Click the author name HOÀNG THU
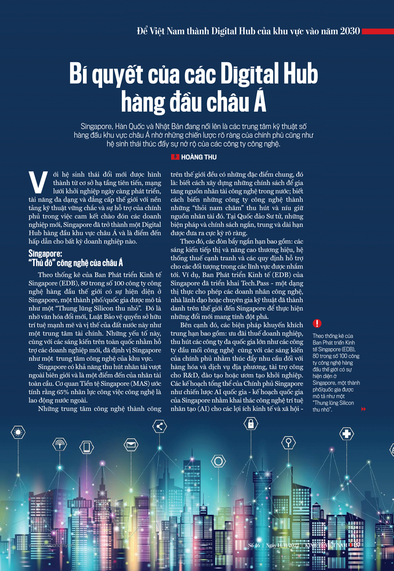coord(199,157)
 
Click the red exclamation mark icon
coord(317,324)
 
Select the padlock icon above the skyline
coord(251,423)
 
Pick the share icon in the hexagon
coord(160,426)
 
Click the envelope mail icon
coord(131,444)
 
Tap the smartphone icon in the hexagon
coord(87,447)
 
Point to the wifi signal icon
coord(60,444)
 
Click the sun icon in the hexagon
coord(18,432)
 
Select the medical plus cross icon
coord(347,434)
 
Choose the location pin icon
coord(289,442)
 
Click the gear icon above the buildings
coord(218,461)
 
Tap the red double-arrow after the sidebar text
coord(363,409)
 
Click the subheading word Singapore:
coord(45,253)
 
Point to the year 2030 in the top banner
coord(350,31)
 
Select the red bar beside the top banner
coord(378,31)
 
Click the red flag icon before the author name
coord(175,157)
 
